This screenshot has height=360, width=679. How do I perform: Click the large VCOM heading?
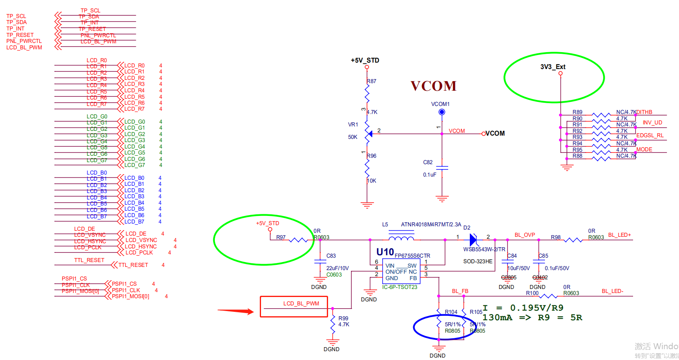[x=433, y=86]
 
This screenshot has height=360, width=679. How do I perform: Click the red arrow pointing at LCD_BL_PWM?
[x=236, y=311]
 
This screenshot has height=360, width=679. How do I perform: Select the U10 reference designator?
[x=385, y=252]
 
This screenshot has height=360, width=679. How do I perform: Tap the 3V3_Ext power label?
[x=553, y=67]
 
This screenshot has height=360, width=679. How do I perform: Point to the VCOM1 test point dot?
[x=442, y=112]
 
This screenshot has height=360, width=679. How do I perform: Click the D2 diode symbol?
[x=473, y=240]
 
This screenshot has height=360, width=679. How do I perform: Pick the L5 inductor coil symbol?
[x=401, y=238]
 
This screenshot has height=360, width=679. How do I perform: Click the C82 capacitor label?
[x=428, y=162]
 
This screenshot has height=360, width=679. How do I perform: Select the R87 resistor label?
[x=371, y=81]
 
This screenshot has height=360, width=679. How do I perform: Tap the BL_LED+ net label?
[x=619, y=235]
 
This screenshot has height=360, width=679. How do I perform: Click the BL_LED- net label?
[x=612, y=291]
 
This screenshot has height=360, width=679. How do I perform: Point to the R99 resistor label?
[x=343, y=318]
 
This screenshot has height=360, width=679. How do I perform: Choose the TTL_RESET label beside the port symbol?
[x=133, y=265]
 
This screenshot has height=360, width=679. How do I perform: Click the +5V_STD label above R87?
[x=365, y=60]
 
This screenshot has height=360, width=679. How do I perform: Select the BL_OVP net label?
[x=525, y=235]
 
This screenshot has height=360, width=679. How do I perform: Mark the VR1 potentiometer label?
[x=353, y=124]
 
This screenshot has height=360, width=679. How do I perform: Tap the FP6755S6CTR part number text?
[x=412, y=256]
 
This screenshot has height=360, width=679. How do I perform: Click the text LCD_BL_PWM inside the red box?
[x=301, y=303]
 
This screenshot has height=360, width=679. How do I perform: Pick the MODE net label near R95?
[x=644, y=149]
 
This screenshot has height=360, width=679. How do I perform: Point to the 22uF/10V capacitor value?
[x=337, y=268]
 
